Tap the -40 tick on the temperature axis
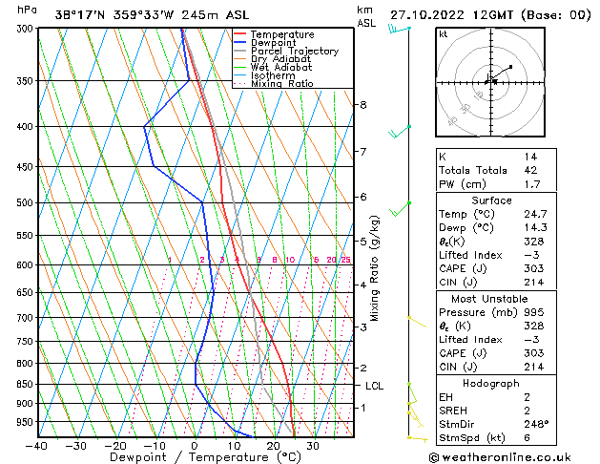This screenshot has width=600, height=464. (x=38, y=445)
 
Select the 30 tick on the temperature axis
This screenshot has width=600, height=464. (x=312, y=445)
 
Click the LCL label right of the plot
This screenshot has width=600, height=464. (x=375, y=386)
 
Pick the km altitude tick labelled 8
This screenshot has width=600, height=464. (x=363, y=104)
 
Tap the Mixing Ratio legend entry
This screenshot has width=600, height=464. (x=282, y=84)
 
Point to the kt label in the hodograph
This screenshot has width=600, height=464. (x=443, y=34)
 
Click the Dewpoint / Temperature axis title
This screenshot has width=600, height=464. (x=195, y=457)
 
